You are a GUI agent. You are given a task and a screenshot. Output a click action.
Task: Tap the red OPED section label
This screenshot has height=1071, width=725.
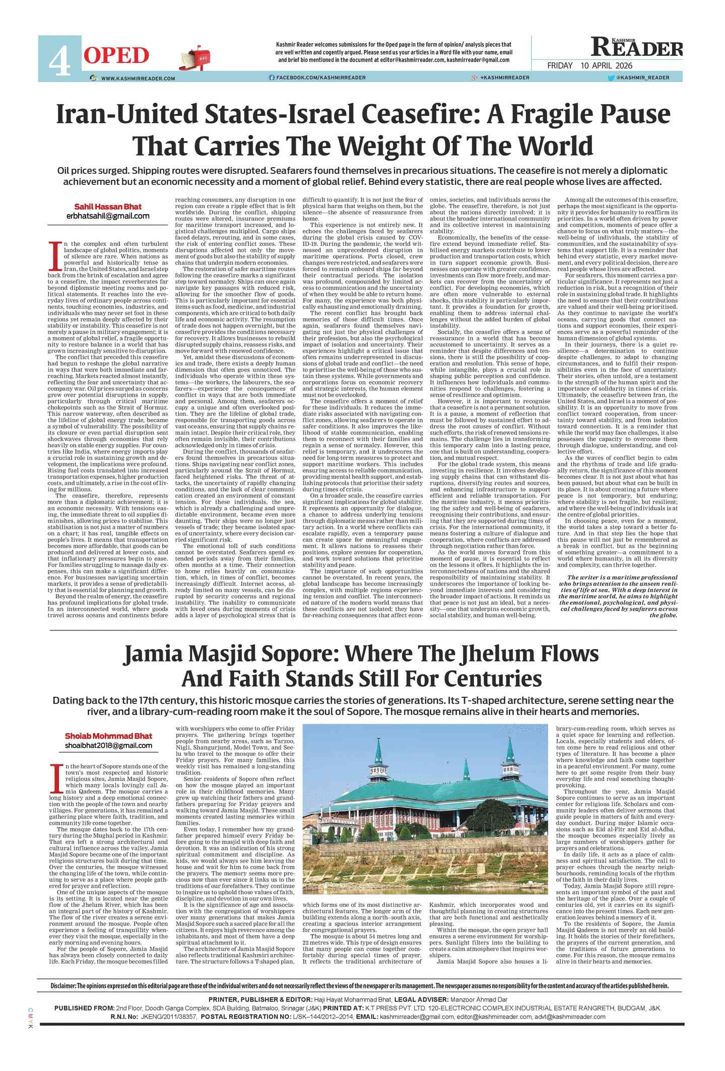[x=116, y=55]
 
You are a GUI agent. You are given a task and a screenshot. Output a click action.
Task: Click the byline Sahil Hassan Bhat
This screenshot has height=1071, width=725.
[x=108, y=206]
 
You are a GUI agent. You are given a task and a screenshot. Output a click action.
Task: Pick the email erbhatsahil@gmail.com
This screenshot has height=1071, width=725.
[x=108, y=216]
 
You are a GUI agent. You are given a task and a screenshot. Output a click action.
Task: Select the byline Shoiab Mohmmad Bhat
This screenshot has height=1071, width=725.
[x=108, y=736]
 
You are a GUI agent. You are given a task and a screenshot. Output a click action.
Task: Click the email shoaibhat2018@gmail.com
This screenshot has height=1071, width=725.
[x=108, y=745]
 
